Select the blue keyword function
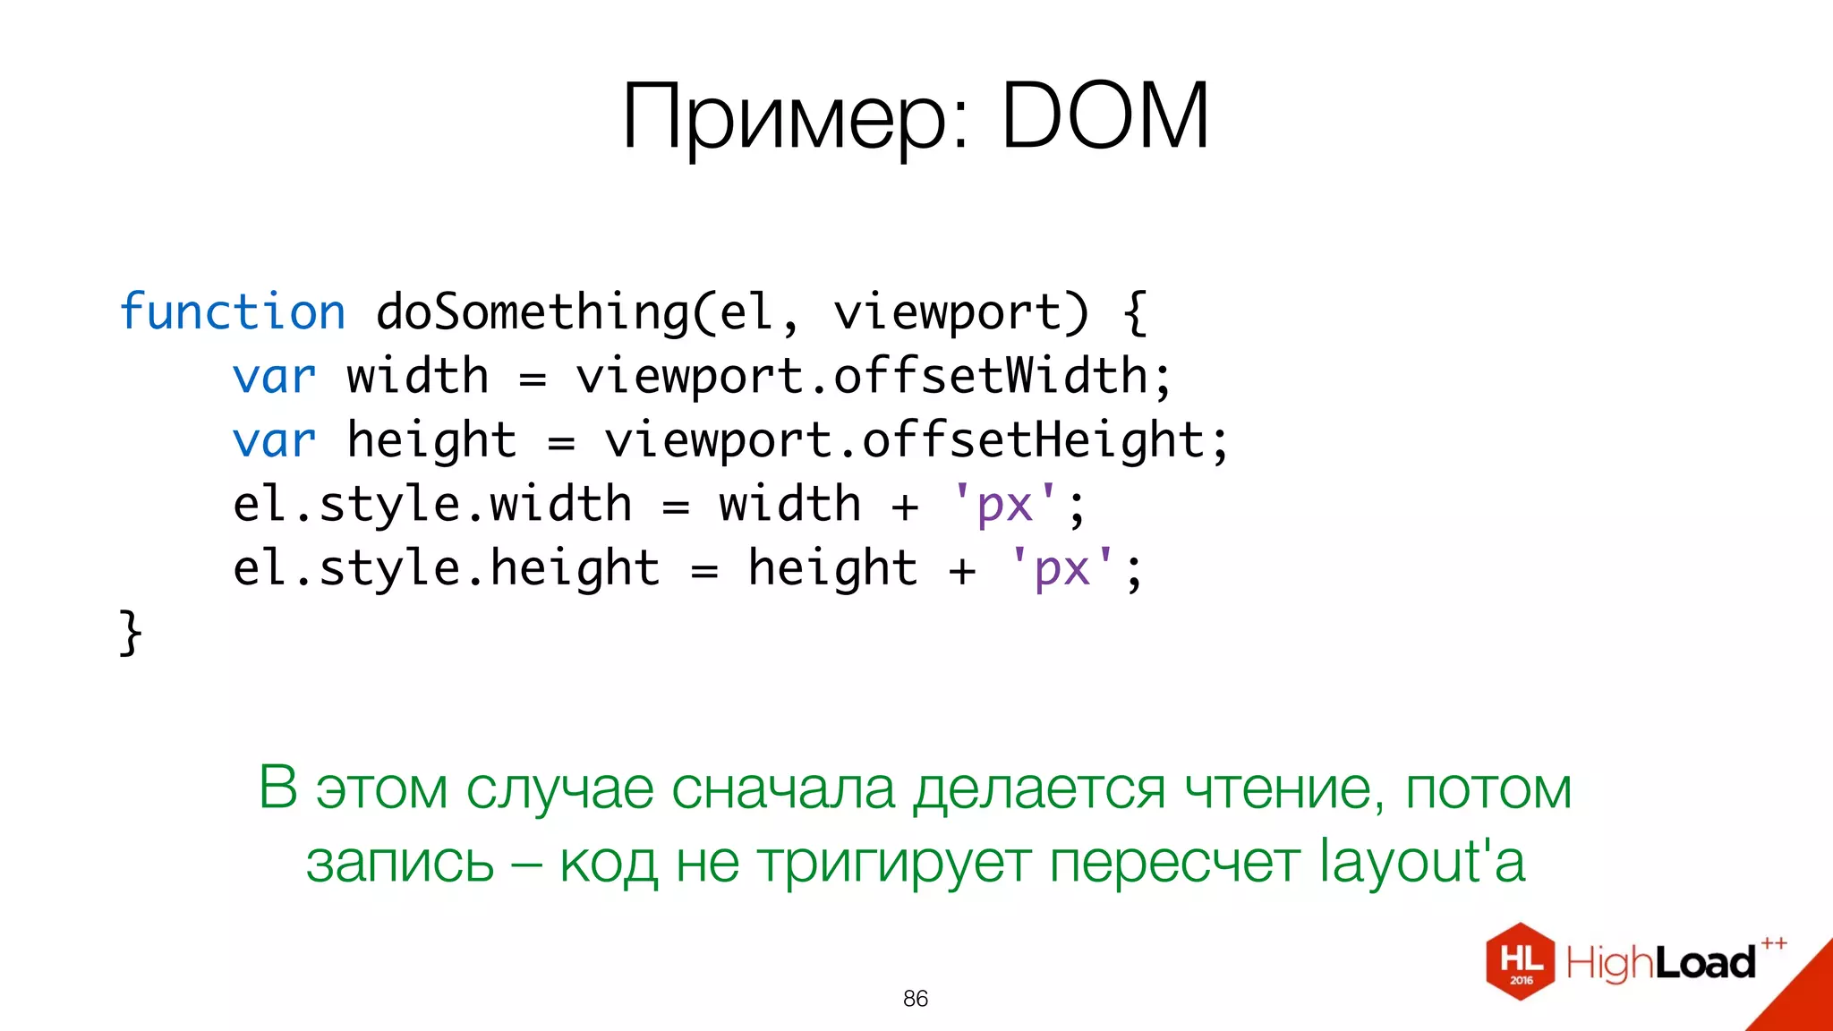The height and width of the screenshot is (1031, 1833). tap(233, 312)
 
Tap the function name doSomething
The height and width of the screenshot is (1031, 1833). tap(533, 312)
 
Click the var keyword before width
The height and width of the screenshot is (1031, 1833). tap(274, 377)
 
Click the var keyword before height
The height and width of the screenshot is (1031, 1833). tap(274, 441)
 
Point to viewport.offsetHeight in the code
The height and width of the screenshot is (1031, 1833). tap(904, 441)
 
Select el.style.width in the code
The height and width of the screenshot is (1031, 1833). tap(432, 505)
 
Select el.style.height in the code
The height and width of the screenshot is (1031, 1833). tap(446, 569)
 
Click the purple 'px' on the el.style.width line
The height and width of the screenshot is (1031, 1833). tap(1004, 505)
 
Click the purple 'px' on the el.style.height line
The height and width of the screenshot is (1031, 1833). tap(1061, 569)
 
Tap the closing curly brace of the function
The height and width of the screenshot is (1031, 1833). tap(131, 633)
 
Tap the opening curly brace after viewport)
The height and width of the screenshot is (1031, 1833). tap(1135, 312)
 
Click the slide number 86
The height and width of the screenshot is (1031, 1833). tap(916, 999)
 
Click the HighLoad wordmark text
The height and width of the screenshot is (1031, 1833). tap(1661, 963)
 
